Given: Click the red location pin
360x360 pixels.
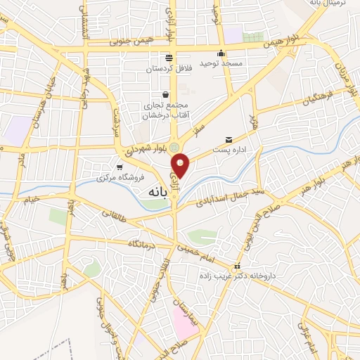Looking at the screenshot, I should pyautogui.click(x=181, y=165).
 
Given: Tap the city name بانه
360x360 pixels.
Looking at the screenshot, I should pyautogui.click(x=160, y=192).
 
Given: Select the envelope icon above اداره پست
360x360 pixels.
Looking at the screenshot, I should pyautogui.click(x=229, y=139).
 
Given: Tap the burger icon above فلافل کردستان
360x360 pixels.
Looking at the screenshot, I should pyautogui.click(x=168, y=58).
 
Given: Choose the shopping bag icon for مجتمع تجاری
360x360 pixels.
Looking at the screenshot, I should pyautogui.click(x=165, y=95).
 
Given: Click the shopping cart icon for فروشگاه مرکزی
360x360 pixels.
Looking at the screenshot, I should pyautogui.click(x=121, y=167).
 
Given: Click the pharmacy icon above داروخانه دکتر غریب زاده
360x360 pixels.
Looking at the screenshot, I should pyautogui.click(x=238, y=267).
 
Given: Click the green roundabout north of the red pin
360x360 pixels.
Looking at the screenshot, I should pyautogui.click(x=174, y=146).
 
